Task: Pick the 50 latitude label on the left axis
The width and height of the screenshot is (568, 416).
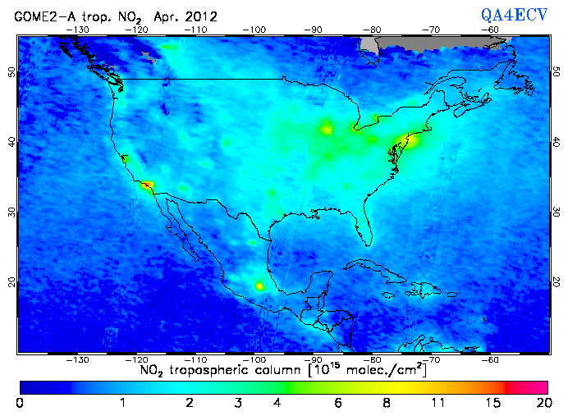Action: coord(12,71)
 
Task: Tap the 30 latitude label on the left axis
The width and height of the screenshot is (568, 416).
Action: coord(12,212)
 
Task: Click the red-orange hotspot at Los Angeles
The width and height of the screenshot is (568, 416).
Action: coord(147,185)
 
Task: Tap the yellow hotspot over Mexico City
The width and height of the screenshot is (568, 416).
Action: coord(260,286)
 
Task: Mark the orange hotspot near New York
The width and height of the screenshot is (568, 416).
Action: coord(410,139)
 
